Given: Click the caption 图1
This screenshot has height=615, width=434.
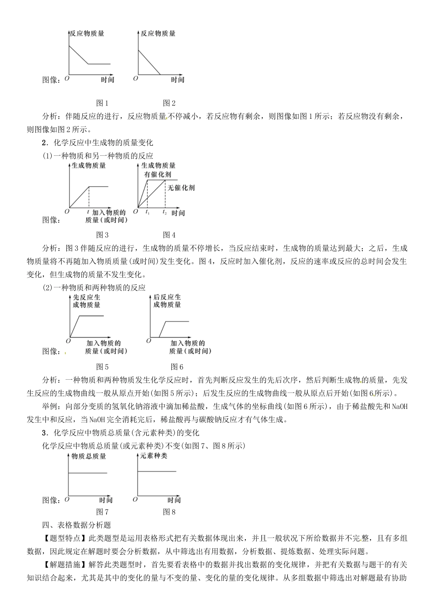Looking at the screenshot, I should (102, 103).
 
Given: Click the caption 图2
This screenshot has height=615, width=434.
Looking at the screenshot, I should (169, 103).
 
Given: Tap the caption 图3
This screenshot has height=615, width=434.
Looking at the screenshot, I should (102, 235).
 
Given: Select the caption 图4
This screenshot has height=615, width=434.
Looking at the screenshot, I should (169, 235).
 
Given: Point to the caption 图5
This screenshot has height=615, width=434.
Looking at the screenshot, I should (102, 366).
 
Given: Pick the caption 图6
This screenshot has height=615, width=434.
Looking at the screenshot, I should (177, 366).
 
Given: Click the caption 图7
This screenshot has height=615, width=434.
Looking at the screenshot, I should (102, 512).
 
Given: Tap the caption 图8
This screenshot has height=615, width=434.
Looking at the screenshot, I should (169, 512).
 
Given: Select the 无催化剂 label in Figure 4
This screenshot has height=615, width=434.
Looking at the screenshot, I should (181, 187).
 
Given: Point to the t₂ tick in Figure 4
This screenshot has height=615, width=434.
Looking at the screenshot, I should (164, 212).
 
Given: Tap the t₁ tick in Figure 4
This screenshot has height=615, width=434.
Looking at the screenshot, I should (147, 212).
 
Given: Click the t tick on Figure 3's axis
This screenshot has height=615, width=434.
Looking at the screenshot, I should (88, 212).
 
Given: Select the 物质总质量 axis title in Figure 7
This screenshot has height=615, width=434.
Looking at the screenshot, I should (89, 456).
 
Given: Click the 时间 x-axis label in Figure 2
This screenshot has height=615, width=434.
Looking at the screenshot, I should (177, 80).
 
